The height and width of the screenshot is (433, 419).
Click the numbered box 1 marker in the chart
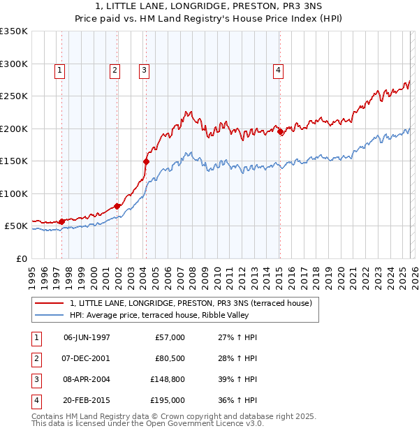(x=60, y=70)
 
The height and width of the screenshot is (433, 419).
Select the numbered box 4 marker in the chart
(x=278, y=70)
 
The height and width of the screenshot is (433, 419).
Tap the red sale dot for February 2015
(x=280, y=131)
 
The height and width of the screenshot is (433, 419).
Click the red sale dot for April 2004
(x=146, y=161)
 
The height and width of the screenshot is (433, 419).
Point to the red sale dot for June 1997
(x=61, y=221)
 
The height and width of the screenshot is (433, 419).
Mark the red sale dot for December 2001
(x=117, y=206)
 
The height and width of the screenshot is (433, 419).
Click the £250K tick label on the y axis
(x=13, y=96)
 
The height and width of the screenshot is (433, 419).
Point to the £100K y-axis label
(x=13, y=194)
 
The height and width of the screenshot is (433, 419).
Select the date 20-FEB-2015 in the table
(x=87, y=400)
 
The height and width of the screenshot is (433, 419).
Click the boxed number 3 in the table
(x=35, y=381)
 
